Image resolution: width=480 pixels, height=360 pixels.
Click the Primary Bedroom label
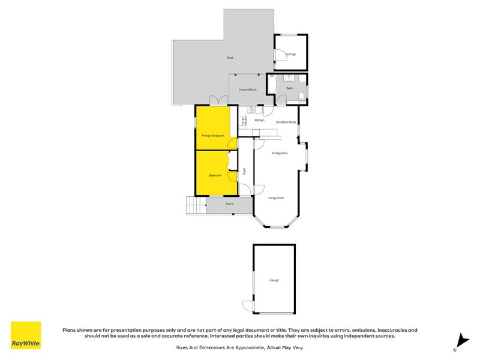[213, 136]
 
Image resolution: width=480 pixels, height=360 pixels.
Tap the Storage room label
[290, 55]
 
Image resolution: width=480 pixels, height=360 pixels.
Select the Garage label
[274, 280]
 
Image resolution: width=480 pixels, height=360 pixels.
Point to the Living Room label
[276, 197]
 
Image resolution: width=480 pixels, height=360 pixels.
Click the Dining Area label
[280, 154]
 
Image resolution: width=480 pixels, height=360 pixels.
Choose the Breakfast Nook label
[286, 122]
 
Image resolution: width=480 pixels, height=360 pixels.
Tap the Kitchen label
[259, 120]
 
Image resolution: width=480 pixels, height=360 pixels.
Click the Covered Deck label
[248, 89]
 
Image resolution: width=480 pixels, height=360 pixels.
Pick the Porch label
[230, 204]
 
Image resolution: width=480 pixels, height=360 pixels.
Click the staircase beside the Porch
[196, 206]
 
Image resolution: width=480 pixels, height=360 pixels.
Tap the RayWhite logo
[26, 335]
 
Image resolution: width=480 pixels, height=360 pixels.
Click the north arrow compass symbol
[460, 341]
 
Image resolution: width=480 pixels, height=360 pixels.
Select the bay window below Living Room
[275, 226]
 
